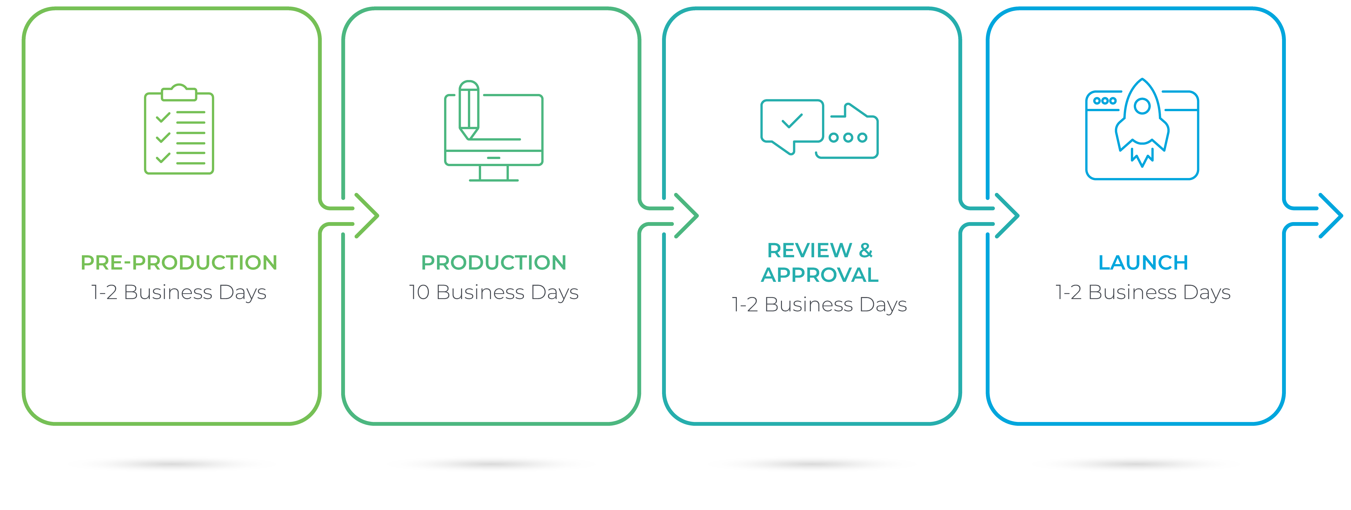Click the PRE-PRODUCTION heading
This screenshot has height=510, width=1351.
[x=179, y=263]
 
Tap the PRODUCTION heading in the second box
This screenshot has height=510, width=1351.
[x=494, y=263]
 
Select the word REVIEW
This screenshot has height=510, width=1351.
[x=809, y=250]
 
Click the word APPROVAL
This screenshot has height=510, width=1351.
[x=820, y=275]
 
